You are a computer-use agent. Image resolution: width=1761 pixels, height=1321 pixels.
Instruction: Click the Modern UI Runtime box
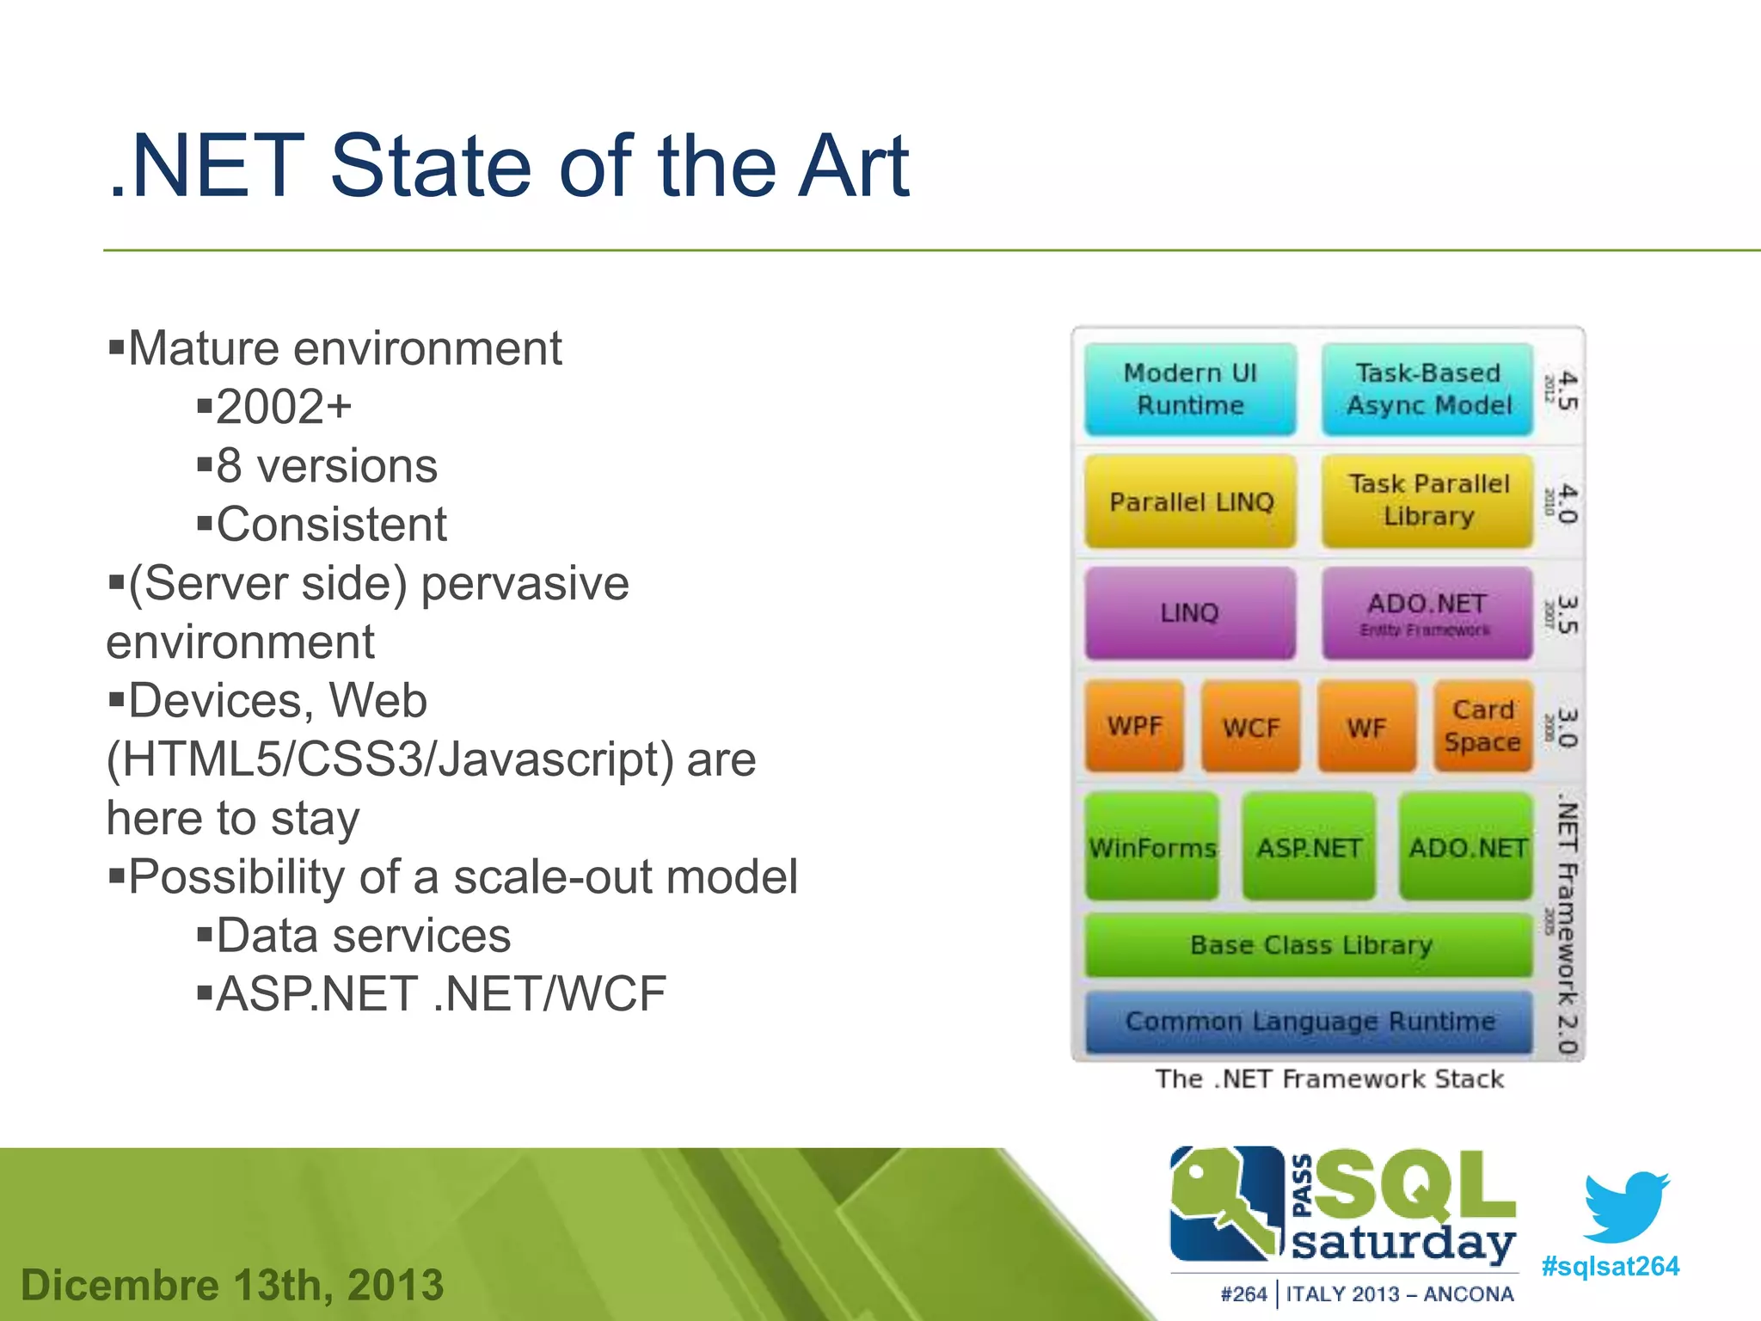coord(1190,389)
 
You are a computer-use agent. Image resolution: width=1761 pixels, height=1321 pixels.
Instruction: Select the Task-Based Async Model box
coord(1427,389)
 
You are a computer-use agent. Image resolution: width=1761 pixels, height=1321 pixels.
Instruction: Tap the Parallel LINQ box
coord(1190,501)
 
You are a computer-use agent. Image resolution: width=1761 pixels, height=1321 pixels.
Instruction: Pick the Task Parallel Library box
coord(1427,501)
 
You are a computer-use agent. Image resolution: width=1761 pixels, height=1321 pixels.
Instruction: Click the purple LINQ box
coord(1190,612)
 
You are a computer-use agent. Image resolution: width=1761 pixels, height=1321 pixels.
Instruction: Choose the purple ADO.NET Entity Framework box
coord(1427,612)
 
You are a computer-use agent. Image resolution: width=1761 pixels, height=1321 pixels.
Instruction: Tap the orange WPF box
coord(1134,726)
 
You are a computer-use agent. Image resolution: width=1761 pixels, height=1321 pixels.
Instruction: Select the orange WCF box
coord(1250,727)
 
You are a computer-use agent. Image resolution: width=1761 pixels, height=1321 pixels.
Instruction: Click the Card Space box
coord(1482,726)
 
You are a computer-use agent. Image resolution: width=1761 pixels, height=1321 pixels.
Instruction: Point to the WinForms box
coord(1152,847)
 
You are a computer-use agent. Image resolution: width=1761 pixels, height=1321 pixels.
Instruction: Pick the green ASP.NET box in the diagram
coord(1309,847)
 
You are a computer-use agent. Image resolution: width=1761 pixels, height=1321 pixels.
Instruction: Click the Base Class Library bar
coord(1310,944)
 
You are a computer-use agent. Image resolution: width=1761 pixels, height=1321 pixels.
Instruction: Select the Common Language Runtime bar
coord(1310,1021)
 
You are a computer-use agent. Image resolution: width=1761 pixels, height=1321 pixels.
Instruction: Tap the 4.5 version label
coord(1567,390)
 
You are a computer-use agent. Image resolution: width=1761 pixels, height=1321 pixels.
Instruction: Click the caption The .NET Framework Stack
coord(1329,1078)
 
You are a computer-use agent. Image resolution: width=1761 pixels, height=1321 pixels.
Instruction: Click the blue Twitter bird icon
coord(1625,1206)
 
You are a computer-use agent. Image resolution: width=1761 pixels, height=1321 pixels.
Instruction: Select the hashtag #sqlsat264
coord(1610,1266)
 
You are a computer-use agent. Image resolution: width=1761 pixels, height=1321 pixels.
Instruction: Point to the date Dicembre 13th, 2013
coord(232,1285)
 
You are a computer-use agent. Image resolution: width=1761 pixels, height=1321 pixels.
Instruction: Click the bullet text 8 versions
coord(327,466)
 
